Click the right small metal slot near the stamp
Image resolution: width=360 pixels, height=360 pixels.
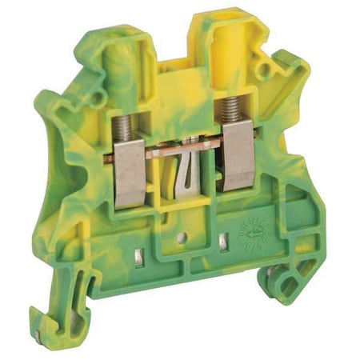(x=222, y=241)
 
